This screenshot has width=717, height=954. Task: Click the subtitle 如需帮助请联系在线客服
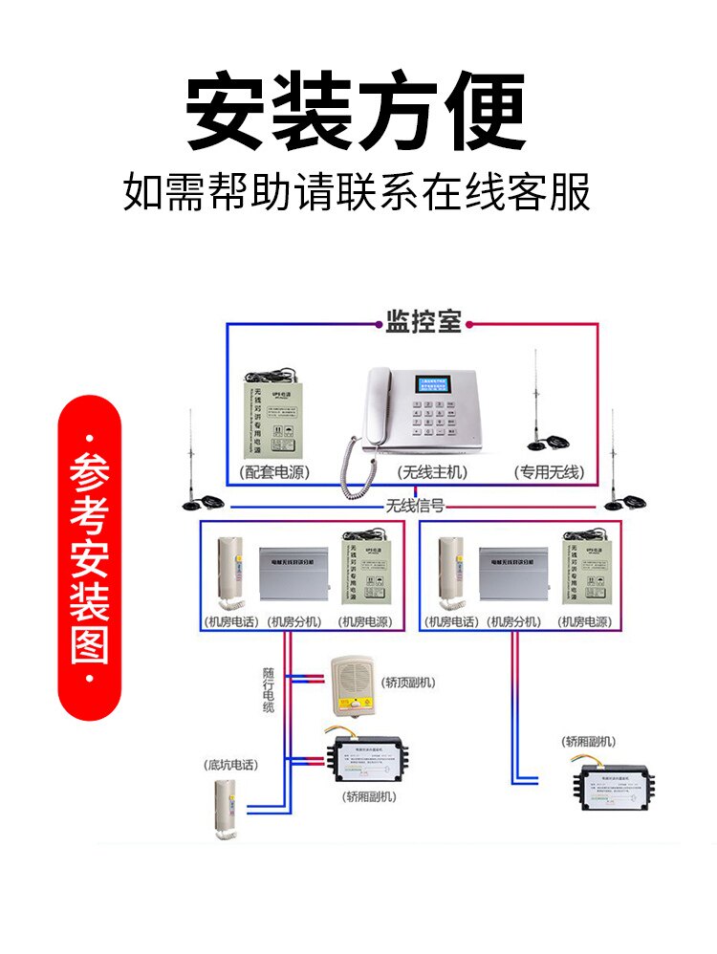pyautogui.click(x=358, y=192)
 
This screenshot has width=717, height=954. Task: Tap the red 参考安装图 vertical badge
pyautogui.click(x=90, y=557)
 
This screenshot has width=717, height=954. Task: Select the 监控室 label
pyautogui.click(x=424, y=322)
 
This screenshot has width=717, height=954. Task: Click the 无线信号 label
pyautogui.click(x=415, y=505)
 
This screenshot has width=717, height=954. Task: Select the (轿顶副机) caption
pyautogui.click(x=408, y=683)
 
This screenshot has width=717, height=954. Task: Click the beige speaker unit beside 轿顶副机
pyautogui.click(x=356, y=686)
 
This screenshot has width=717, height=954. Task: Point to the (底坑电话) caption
pyautogui.click(x=230, y=765)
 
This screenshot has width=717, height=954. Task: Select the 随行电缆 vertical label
pyautogui.click(x=269, y=690)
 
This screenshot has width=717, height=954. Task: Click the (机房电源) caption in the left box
pyautogui.click(x=366, y=622)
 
